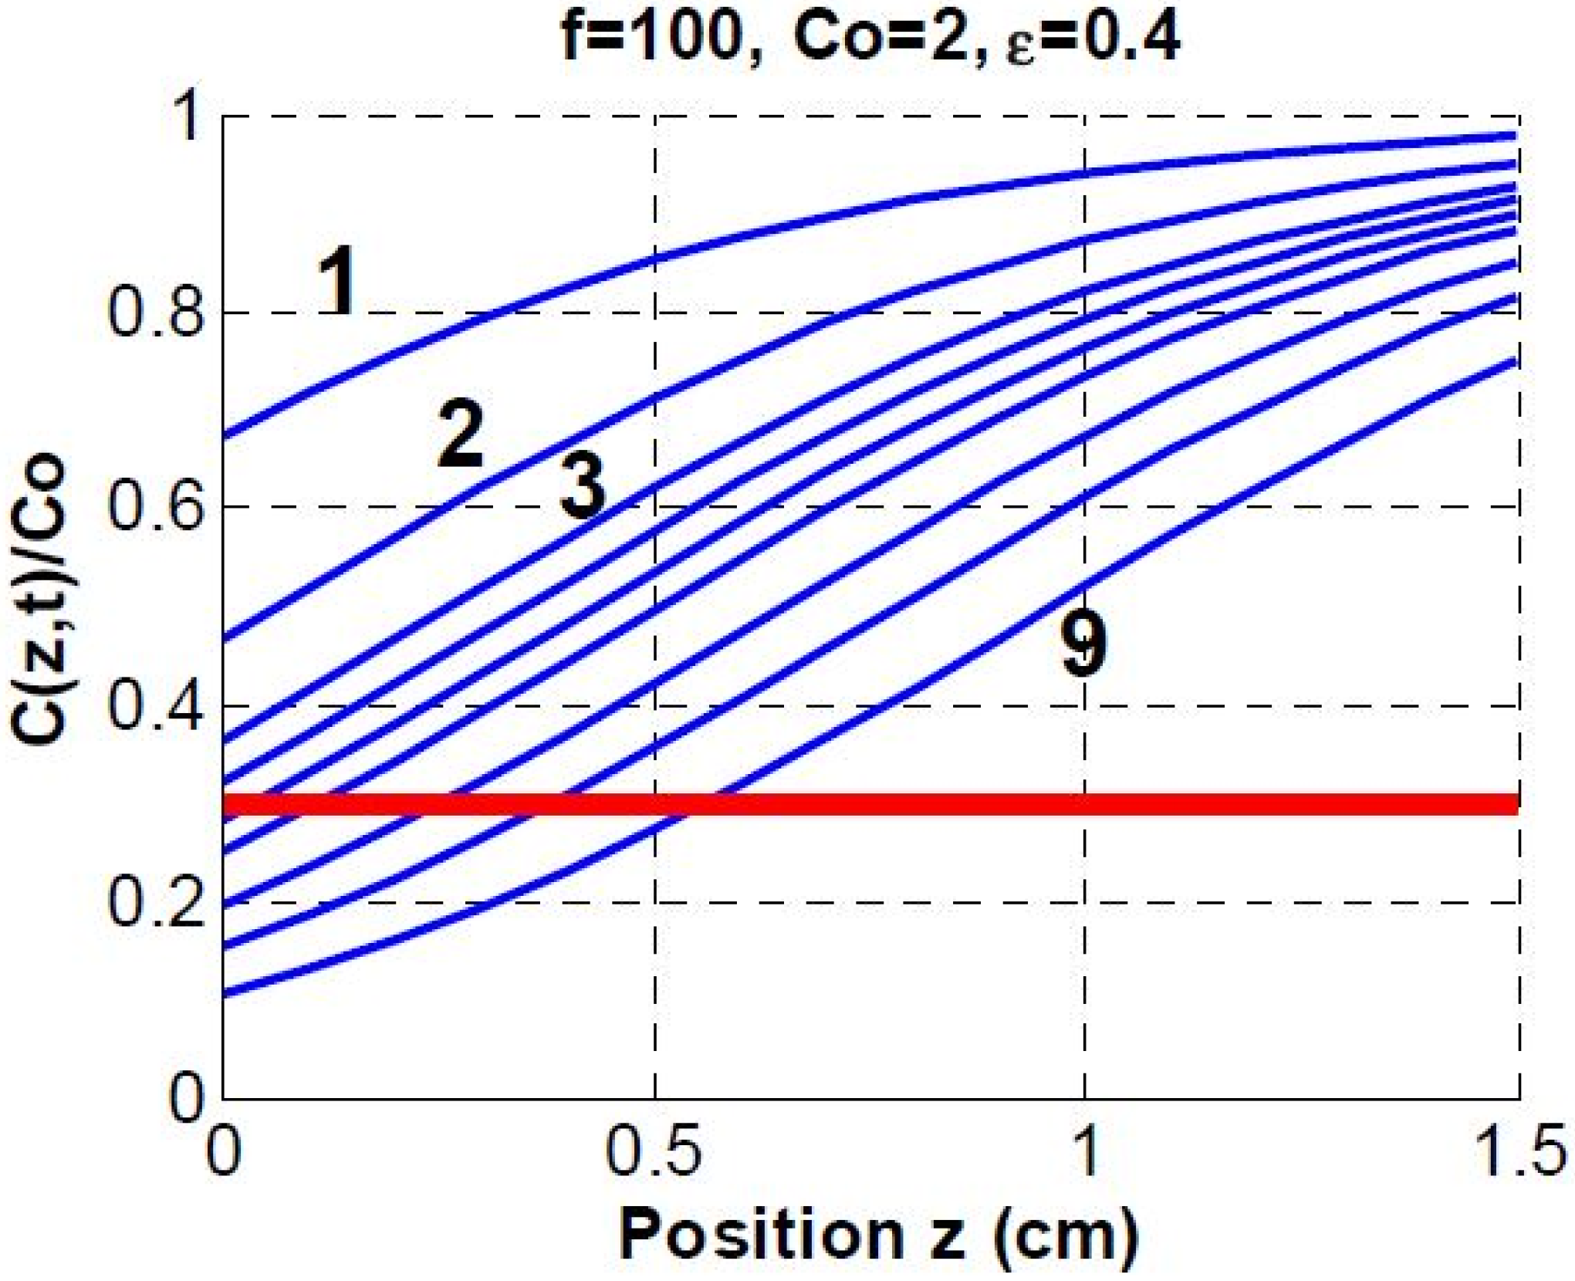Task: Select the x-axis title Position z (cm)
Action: tap(879, 1235)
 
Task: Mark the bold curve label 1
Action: tap(337, 282)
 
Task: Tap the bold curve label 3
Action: tap(583, 485)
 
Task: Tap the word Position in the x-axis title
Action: tap(760, 1235)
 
